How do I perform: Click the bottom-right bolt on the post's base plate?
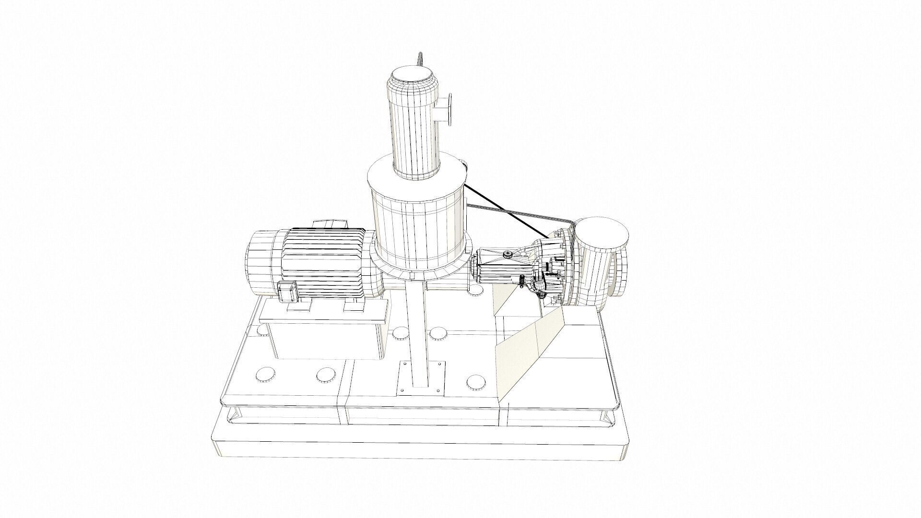click(x=438, y=392)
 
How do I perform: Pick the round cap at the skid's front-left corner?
click(x=264, y=375)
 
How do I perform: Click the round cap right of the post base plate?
click(x=476, y=382)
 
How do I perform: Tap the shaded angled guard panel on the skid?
click(x=528, y=350)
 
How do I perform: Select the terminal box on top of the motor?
click(x=330, y=224)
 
